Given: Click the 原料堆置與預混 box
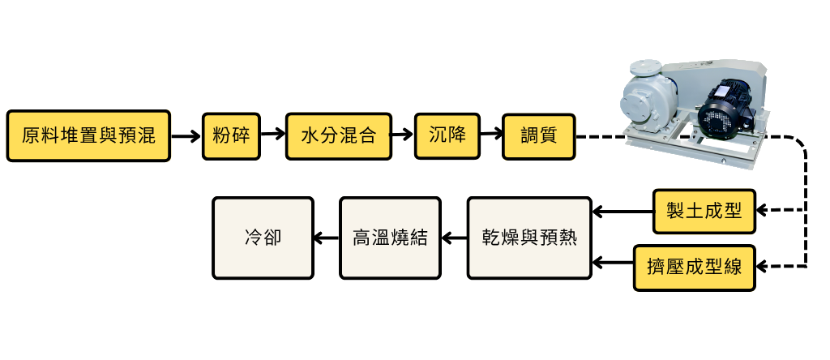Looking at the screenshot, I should pos(88,136).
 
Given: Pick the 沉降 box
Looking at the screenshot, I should pos(447,135).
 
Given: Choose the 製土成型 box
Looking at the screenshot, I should pos(704,211).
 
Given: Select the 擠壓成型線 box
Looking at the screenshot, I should pos(694,267).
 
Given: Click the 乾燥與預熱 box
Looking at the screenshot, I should pos(528,238).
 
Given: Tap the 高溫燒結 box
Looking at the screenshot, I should pos(389,238).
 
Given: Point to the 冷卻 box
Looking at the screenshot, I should pos(263,238).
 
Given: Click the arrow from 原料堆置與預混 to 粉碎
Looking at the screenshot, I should pos(186,137).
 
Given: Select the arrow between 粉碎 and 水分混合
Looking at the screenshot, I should pos(274,136).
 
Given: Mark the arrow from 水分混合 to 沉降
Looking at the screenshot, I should pos(402,136).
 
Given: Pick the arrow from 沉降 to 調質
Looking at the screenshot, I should pos(491,136).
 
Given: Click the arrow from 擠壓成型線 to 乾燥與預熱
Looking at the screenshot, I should pos(612,263).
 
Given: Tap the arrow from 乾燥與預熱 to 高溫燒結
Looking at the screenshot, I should pos(454,238).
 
